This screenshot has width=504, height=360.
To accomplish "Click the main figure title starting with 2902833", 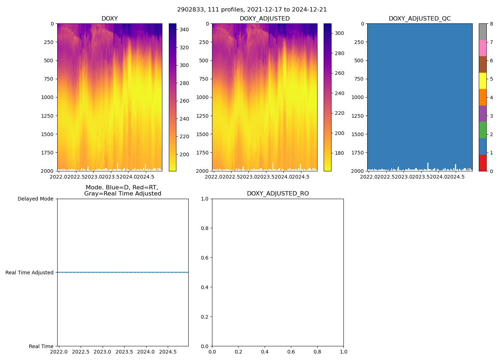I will tap(252, 10).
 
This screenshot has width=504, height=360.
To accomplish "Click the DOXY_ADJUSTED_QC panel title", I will tap(419, 19).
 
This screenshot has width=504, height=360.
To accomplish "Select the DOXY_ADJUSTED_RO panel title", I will tap(278, 194).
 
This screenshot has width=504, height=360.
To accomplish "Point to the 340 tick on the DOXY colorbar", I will tap(184, 30).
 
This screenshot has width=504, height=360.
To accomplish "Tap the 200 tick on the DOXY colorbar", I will tap(184, 154).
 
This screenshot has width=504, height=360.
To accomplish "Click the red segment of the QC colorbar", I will tap(482, 163).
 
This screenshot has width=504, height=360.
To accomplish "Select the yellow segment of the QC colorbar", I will tap(482, 81).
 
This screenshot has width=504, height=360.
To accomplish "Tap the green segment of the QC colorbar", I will tap(482, 130).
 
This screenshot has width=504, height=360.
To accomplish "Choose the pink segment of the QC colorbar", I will tap(482, 48).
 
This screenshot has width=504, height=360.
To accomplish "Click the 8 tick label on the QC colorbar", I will tap(491, 24).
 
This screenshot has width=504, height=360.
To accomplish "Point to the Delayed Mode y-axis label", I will tap(35, 199).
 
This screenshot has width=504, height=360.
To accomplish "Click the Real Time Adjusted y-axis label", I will tap(29, 273).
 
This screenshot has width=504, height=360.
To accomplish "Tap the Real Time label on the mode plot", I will tap(41, 346).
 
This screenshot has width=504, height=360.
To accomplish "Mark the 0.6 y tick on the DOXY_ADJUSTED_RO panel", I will tap(204, 258).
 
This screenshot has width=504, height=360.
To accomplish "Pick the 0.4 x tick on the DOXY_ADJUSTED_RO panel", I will tap(265, 352).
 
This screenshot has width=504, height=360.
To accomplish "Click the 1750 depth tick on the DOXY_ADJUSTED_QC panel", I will tap(357, 153).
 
